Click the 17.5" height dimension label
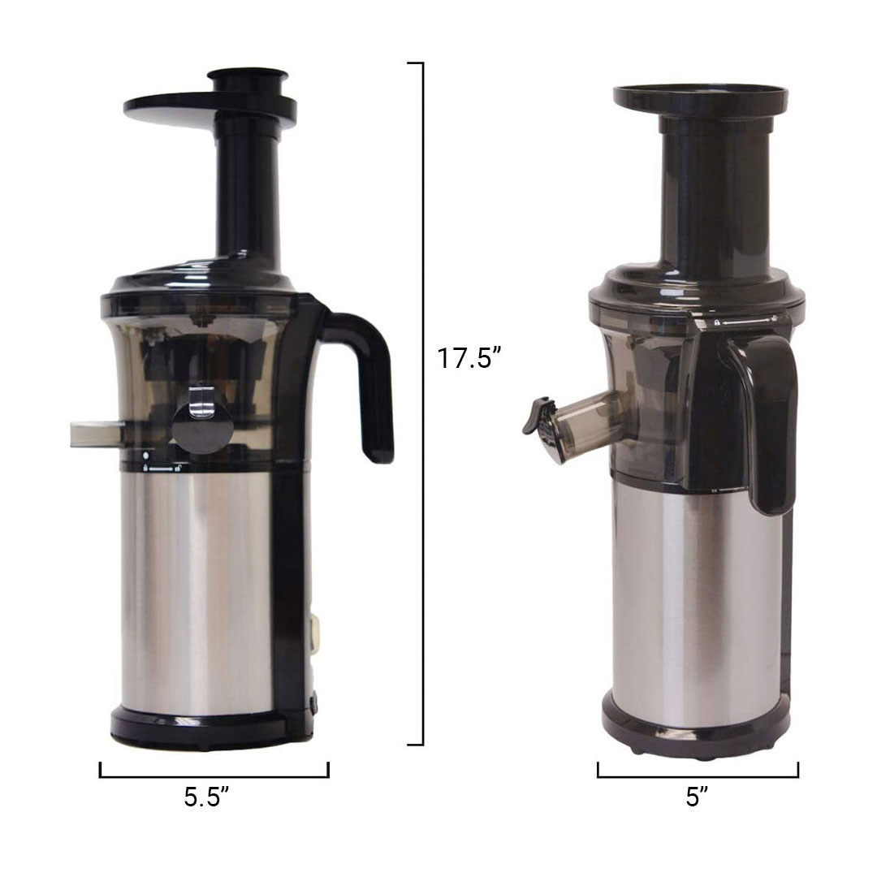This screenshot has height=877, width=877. [469, 358]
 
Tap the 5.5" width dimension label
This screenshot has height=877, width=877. [206, 797]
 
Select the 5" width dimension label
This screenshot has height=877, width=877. [697, 797]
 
